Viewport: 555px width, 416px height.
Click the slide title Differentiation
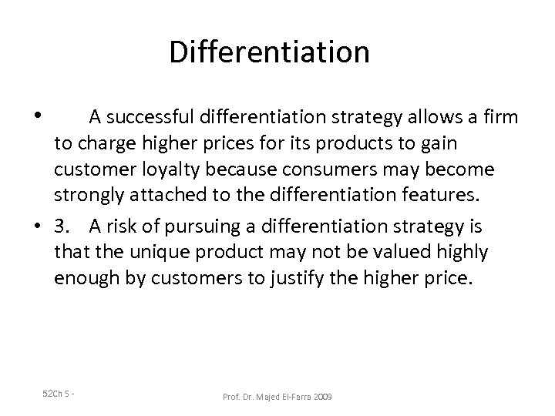pos(269,52)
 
